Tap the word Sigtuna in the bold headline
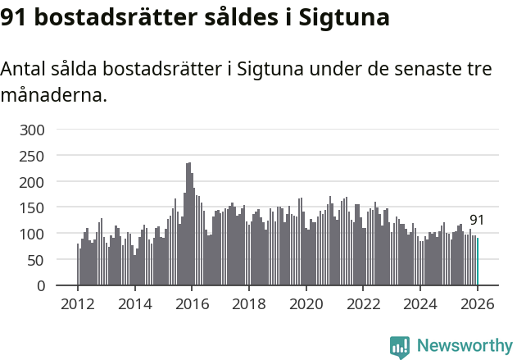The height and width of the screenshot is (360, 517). coord(345,17)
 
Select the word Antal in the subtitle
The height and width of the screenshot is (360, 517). coord(25,69)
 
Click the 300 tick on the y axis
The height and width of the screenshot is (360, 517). coord(34,130)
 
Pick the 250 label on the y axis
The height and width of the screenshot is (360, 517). coord(34,156)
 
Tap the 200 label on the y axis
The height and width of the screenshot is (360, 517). coord(34,182)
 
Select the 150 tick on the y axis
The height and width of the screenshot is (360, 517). coord(34,208)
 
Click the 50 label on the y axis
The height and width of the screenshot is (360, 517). coord(38,260)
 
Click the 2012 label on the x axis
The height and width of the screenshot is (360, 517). coord(78,303)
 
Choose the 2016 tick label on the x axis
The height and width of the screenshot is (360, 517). coord(192,303)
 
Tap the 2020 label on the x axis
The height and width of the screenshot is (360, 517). coord(306,303)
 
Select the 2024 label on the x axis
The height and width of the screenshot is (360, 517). coord(419,303)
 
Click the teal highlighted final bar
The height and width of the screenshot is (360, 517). coord(478,262)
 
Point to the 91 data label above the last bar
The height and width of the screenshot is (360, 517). coord(477,221)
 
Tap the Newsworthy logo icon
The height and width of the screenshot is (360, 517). coord(400,346)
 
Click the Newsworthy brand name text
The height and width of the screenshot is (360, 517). coord(465,346)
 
